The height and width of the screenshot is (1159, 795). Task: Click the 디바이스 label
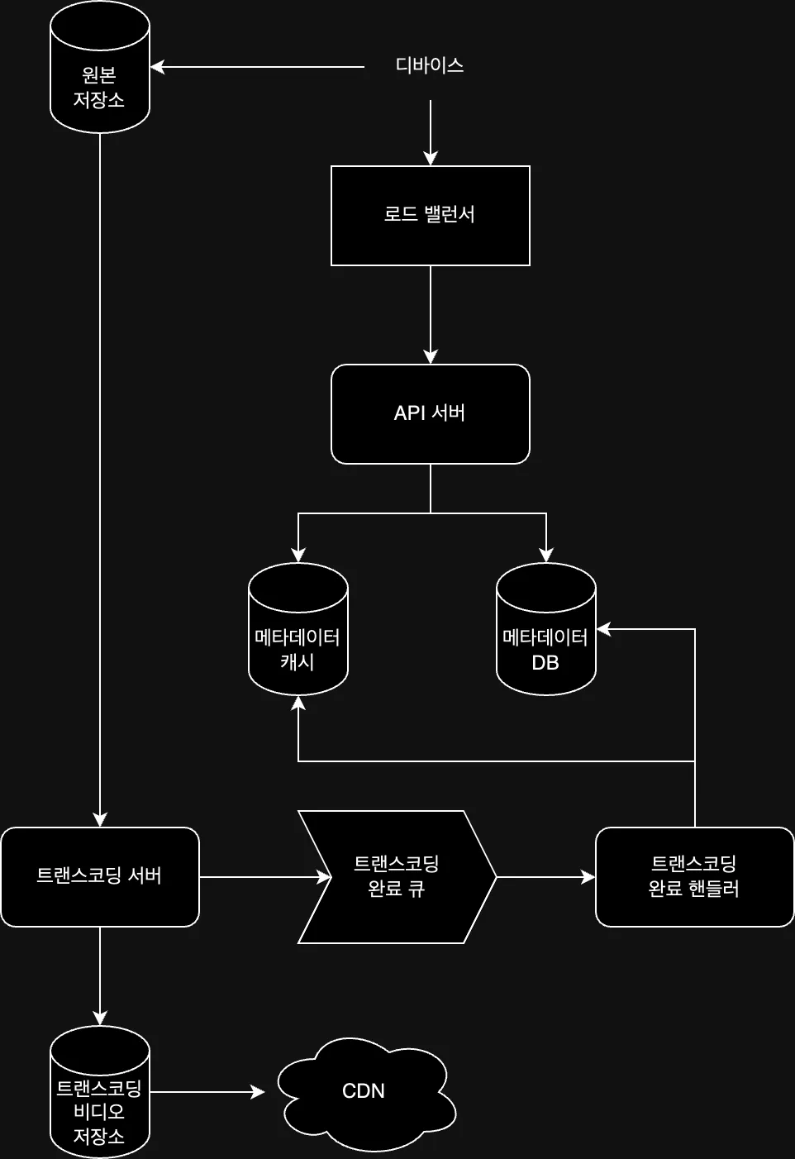click(x=429, y=65)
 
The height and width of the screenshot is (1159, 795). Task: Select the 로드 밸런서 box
click(x=430, y=215)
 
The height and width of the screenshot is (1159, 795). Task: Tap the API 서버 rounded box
click(x=430, y=413)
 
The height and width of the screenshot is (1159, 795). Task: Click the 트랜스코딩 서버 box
click(x=99, y=876)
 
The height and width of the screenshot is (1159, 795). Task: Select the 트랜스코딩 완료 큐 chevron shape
click(x=397, y=876)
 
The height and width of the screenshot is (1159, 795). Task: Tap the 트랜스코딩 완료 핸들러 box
click(x=694, y=876)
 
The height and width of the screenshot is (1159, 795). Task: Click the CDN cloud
click(x=364, y=1091)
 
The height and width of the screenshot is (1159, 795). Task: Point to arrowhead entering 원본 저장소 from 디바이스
click(x=157, y=67)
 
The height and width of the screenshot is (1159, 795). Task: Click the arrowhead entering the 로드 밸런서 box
click(x=430, y=159)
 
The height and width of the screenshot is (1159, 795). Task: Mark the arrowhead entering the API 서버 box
click(x=430, y=357)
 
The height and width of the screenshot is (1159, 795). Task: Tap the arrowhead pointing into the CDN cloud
click(x=258, y=1092)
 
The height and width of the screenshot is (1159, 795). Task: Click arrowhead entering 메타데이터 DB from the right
click(x=603, y=629)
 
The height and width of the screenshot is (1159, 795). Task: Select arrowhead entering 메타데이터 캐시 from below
click(x=298, y=703)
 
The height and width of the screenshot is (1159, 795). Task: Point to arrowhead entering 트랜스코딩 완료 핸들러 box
click(x=588, y=877)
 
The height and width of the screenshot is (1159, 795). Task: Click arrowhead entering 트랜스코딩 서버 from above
click(x=100, y=820)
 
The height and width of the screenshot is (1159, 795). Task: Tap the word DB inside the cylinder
click(x=545, y=662)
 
